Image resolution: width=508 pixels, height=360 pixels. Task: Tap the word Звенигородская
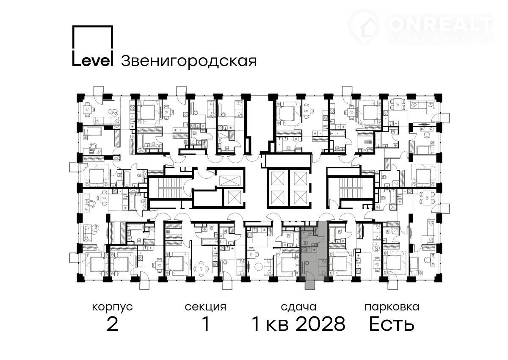click(x=189, y=61)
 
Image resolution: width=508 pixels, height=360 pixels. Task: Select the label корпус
click(x=112, y=307)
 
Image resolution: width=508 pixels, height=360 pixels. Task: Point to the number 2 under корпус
click(x=112, y=324)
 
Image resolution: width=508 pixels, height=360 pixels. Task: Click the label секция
click(x=205, y=307)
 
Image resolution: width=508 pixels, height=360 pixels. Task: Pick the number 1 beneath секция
click(x=206, y=324)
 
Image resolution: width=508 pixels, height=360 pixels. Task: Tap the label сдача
click(x=298, y=307)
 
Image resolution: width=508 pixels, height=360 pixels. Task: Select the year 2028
click(x=321, y=324)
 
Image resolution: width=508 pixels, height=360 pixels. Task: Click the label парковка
click(x=392, y=307)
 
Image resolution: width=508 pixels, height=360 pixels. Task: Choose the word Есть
click(x=392, y=324)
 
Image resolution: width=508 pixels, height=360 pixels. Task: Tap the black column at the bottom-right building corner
click(x=439, y=278)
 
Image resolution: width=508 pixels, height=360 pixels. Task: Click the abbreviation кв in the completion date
click(x=277, y=326)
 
